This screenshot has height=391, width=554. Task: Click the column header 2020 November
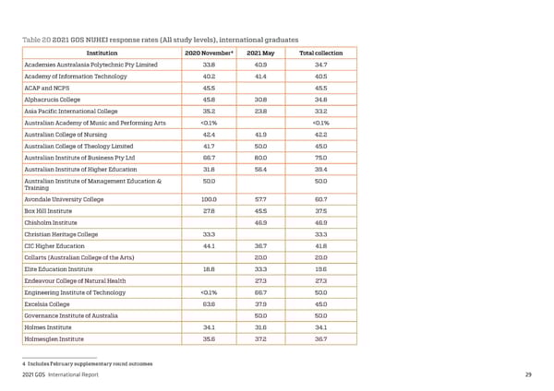208,53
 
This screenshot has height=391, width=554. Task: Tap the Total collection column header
320,53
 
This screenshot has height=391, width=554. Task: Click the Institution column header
101,53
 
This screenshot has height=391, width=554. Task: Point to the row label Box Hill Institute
52,210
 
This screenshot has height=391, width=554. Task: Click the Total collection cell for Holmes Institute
320,326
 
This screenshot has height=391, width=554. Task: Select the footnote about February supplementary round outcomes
87,363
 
